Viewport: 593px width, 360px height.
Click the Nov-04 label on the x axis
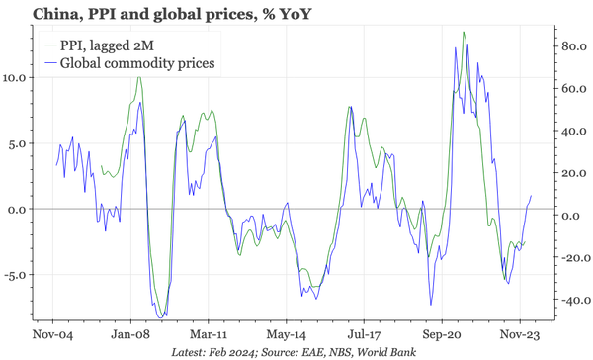pos(51,335)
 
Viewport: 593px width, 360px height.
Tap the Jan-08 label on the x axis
pos(129,335)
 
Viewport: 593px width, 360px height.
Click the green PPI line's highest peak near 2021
pos(464,34)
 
